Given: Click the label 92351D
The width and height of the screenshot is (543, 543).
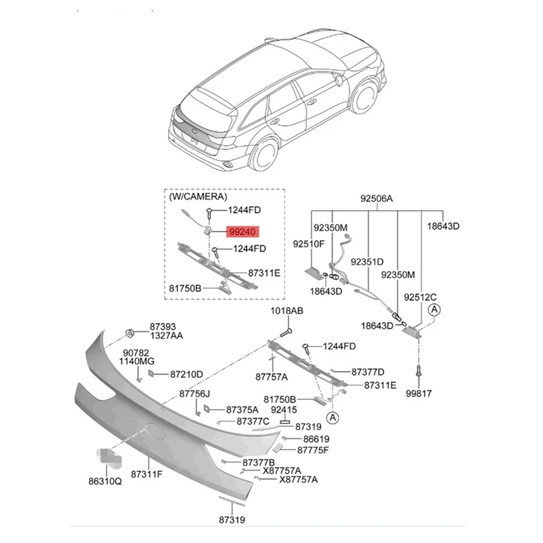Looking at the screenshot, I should pos(367,261).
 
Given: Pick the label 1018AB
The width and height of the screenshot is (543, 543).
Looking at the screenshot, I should pos(286,311).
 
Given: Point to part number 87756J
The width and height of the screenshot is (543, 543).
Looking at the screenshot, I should pos(195,394).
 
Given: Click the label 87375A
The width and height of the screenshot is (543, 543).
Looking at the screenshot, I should pos(241,410).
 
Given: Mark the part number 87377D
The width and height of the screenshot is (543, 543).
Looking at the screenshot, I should pos(368,371).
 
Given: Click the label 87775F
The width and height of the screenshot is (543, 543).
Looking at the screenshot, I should pos(312,450).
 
